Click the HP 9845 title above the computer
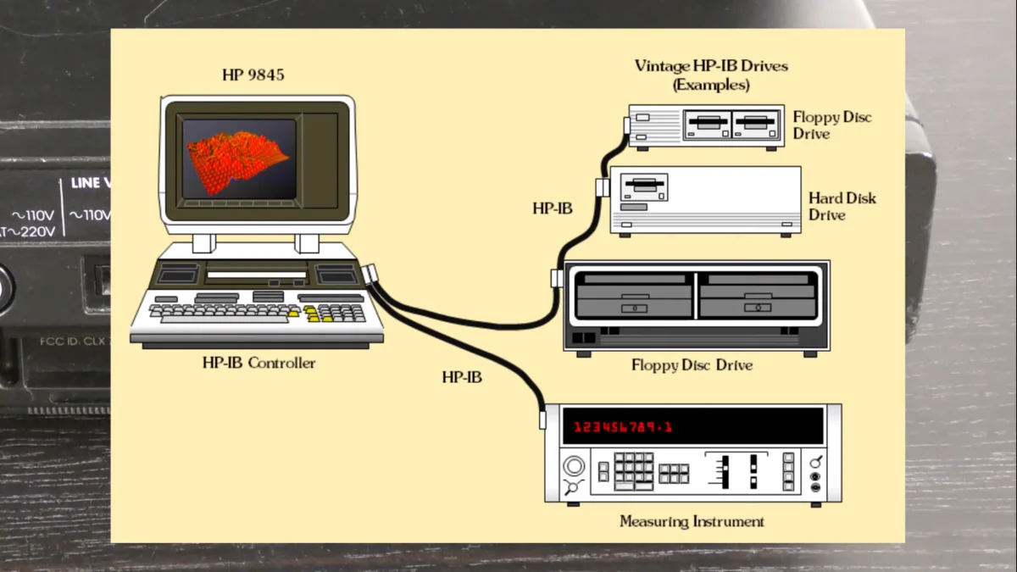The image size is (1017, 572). tap(253, 75)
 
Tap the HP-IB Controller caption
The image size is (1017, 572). tap(258, 364)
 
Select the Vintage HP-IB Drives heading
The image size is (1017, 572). tap(711, 66)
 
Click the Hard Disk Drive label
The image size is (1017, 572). tap(842, 206)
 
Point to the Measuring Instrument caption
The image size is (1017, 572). tap(692, 521)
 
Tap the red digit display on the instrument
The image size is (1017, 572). tap(622, 427)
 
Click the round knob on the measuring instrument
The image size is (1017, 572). tap(574, 466)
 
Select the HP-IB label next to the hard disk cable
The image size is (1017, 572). tap(552, 208)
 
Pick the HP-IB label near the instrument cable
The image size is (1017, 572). tap(462, 377)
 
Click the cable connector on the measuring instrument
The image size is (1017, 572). tap(542, 419)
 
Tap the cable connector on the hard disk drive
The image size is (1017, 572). tap(602, 187)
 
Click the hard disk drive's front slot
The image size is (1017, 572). tap(644, 185)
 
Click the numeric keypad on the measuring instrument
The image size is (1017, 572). tap(633, 469)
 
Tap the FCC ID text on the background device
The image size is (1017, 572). tap(72, 342)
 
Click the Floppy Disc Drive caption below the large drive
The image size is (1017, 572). tap(692, 365)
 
